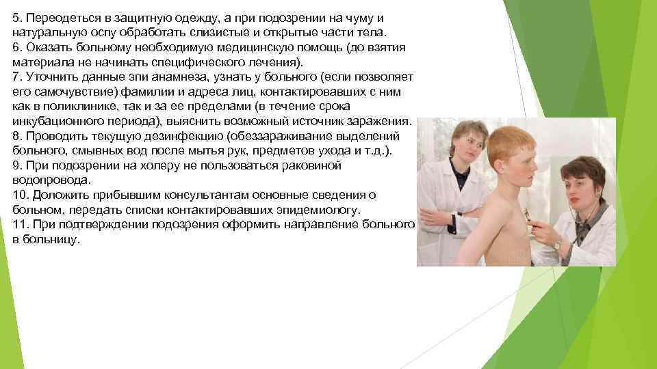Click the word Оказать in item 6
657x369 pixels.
coord(46,47)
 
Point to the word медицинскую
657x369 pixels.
coord(252,47)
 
